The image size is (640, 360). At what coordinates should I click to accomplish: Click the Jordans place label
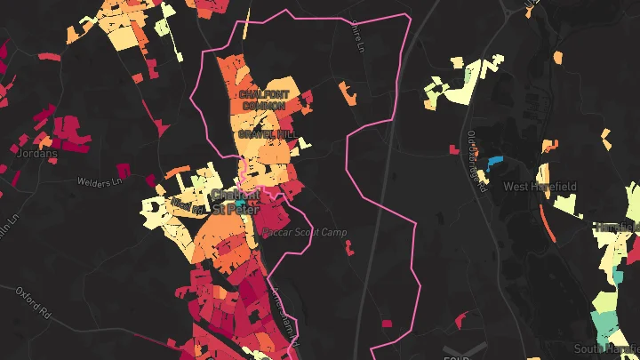click(x=37, y=153)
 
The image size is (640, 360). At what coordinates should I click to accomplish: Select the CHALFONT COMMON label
click(x=263, y=99)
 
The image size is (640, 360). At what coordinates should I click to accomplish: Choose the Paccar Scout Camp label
click(x=305, y=232)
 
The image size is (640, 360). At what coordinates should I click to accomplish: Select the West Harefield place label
click(x=540, y=187)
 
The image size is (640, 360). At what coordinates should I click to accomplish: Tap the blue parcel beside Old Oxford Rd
click(x=492, y=164)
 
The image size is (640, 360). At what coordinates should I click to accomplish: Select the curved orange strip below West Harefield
click(x=544, y=222)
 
